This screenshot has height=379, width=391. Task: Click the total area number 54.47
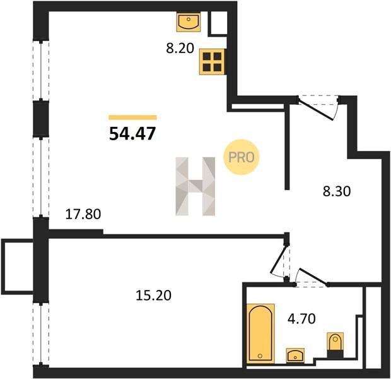pos(132,133)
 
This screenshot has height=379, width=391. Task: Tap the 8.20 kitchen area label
pos(180,48)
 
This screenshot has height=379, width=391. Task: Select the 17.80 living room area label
pos(83,214)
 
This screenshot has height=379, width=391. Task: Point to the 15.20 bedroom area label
pos(153,295)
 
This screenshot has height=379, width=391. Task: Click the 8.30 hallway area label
pos(337,191)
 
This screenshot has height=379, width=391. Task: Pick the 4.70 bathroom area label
pos(301,318)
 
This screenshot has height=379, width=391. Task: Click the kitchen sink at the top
pos(189,23)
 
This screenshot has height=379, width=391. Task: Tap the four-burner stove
pos(213,61)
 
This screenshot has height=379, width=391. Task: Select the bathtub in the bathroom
pos(260,334)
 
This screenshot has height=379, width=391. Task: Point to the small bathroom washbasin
pos(295,355)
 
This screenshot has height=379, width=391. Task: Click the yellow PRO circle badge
pos(241,157)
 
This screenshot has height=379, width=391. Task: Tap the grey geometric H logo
pos(195,186)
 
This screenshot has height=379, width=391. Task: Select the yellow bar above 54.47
pos(132,117)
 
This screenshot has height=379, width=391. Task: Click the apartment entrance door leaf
pos(316,109)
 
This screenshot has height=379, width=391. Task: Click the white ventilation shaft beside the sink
pos(217,23)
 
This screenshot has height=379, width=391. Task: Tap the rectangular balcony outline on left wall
pos(17,267)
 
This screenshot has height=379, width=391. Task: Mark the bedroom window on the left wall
pos(41,334)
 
